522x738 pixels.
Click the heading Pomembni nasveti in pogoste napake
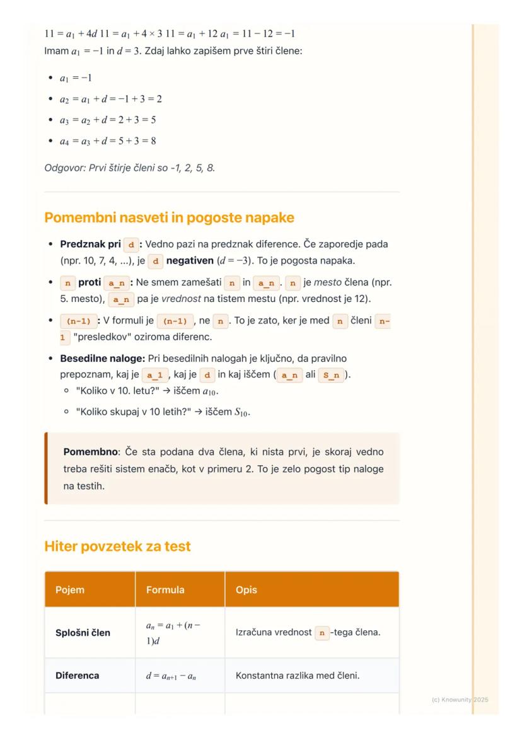(x=169, y=218)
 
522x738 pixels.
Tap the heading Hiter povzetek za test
(x=117, y=546)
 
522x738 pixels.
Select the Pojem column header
(x=70, y=590)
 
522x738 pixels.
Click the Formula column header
(x=165, y=590)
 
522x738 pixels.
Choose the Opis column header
(x=246, y=590)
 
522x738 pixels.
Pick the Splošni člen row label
(x=83, y=632)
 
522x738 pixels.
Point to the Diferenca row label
(x=78, y=676)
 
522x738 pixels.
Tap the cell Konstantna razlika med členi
(x=297, y=676)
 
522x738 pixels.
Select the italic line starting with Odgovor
(x=130, y=168)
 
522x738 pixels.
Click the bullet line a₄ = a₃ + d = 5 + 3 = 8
(x=108, y=141)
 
